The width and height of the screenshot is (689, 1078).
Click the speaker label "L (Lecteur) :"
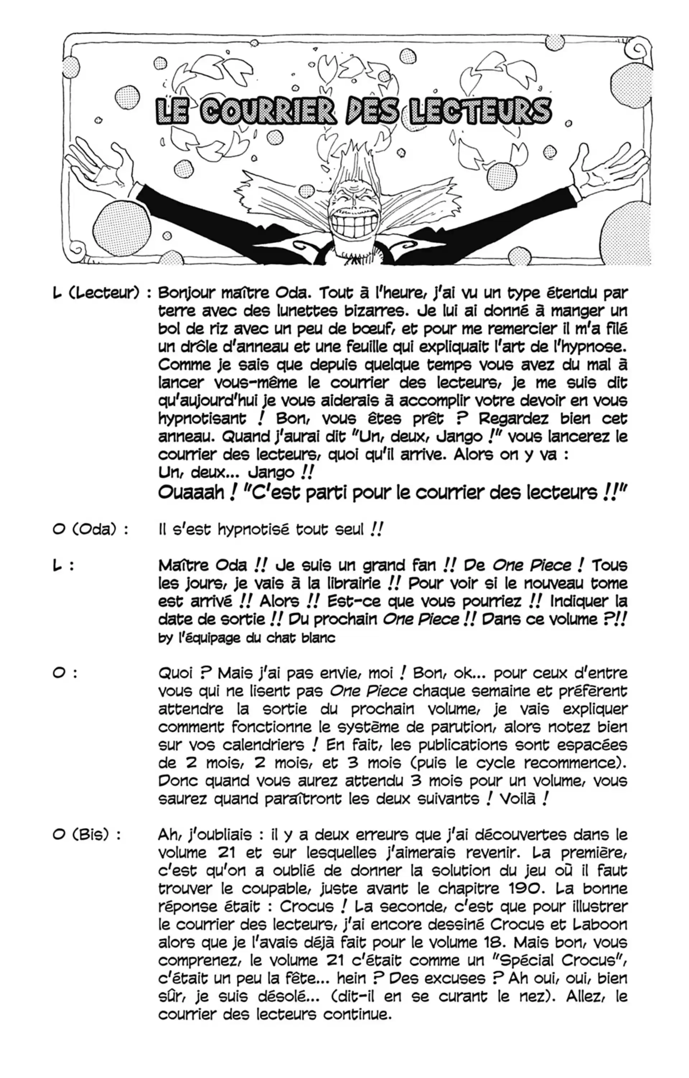click(x=102, y=293)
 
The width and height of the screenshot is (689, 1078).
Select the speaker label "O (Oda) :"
click(x=90, y=529)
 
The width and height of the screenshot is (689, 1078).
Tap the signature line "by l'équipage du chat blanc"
click(x=247, y=637)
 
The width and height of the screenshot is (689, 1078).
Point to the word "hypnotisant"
click(x=202, y=419)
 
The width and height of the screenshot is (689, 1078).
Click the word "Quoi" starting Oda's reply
click(x=177, y=673)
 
